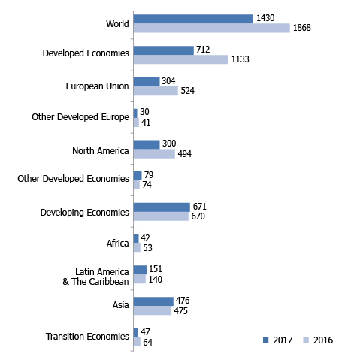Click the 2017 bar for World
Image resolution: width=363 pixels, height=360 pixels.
[193, 19]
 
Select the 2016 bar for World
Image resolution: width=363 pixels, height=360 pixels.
[211, 29]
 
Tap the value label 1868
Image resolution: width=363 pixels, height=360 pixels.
[302, 29]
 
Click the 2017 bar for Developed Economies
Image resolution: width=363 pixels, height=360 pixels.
[163, 50]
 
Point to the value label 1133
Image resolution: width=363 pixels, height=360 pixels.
[240, 60]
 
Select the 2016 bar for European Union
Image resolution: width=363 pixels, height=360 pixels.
[156, 91]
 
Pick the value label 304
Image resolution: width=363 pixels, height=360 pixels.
[169, 81]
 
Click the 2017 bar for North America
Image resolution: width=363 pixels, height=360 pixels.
[147, 144]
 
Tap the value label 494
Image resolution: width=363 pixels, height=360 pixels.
[185, 154]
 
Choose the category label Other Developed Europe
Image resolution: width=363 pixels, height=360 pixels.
[80, 117]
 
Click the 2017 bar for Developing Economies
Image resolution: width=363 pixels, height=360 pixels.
[162, 207]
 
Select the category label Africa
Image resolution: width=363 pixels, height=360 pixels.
[118, 243]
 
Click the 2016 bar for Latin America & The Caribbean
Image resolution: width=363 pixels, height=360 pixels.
[139, 279]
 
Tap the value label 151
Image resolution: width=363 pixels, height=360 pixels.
[156, 269]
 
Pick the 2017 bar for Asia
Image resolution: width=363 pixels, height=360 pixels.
[153, 301]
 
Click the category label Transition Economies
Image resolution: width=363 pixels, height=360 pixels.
[87, 337]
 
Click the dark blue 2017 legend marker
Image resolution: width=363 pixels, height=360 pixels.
[265, 340]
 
